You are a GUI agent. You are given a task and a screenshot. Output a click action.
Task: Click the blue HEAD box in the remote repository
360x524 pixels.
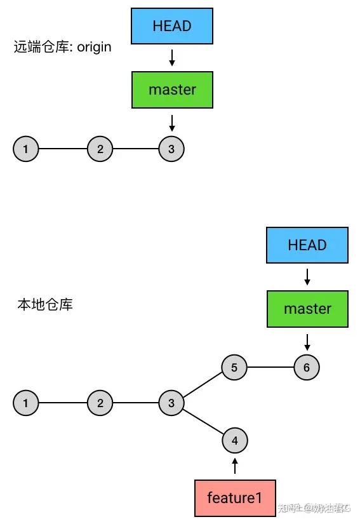click(x=171, y=26)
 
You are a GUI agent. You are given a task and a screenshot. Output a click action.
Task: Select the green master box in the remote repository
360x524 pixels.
click(x=171, y=90)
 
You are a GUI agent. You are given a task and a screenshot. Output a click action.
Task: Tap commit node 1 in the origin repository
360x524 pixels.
click(x=25, y=149)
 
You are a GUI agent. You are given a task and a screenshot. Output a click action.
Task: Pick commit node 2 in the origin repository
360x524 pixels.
click(x=100, y=149)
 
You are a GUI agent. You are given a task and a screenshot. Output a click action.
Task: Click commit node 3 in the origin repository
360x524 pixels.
click(x=171, y=149)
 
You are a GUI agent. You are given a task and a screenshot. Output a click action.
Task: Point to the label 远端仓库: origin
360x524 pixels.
click(x=62, y=47)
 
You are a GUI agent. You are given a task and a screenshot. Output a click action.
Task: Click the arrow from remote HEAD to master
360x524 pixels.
click(x=171, y=58)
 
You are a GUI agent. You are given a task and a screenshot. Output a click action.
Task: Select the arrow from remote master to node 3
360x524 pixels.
click(x=171, y=121)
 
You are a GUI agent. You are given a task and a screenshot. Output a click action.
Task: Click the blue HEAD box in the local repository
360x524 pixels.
click(x=307, y=245)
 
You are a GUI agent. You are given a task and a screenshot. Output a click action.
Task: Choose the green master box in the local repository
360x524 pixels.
click(x=307, y=309)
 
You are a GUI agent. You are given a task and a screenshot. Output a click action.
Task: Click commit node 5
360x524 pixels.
click(x=234, y=367)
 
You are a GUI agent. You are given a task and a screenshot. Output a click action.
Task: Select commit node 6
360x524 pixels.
click(x=307, y=367)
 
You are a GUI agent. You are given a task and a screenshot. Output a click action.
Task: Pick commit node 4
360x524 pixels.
click(x=235, y=440)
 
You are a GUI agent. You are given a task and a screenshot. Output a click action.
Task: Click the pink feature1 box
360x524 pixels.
click(x=234, y=497)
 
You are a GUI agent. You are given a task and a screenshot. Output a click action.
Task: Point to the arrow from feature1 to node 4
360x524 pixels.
click(x=235, y=466)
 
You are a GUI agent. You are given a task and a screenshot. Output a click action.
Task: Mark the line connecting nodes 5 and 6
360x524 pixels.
click(x=270, y=367)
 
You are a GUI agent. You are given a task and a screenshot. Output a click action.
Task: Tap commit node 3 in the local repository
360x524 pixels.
click(x=171, y=403)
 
